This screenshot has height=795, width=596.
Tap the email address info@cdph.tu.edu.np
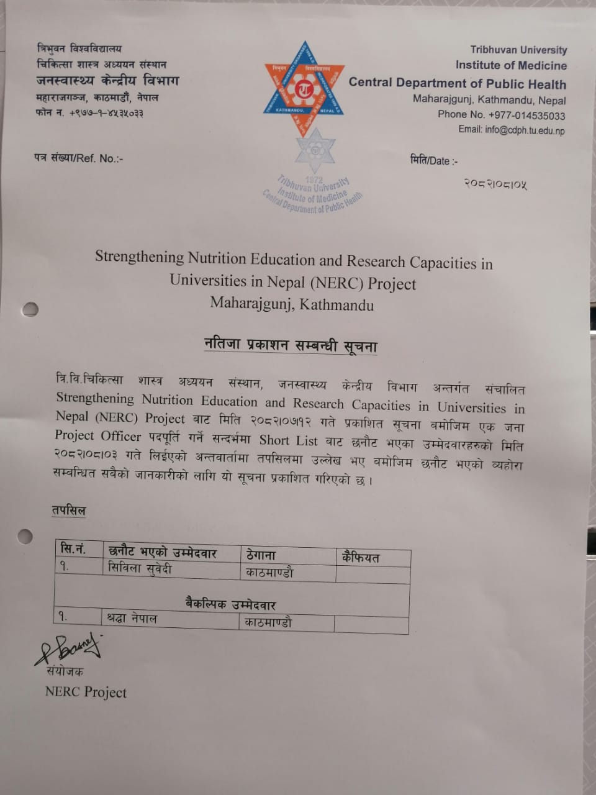(512, 130)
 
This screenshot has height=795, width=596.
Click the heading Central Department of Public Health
(457, 83)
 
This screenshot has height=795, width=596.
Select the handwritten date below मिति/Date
(495, 183)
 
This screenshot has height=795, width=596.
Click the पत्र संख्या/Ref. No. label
(79, 158)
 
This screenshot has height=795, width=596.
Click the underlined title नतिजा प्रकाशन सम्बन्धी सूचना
(291, 345)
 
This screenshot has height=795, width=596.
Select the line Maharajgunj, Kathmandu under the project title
(292, 304)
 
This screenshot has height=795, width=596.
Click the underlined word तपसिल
(69, 511)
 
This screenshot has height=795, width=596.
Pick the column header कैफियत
(360, 557)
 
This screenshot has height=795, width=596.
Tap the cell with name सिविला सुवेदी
(140, 568)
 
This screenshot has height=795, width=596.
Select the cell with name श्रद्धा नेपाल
(132, 618)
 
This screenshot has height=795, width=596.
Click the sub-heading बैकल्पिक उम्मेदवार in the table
(230, 604)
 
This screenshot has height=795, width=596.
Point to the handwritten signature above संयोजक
(68, 648)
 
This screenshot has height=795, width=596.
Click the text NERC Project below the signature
(86, 692)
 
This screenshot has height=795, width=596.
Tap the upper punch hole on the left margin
(30, 309)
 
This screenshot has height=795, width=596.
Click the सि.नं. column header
(73, 549)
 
